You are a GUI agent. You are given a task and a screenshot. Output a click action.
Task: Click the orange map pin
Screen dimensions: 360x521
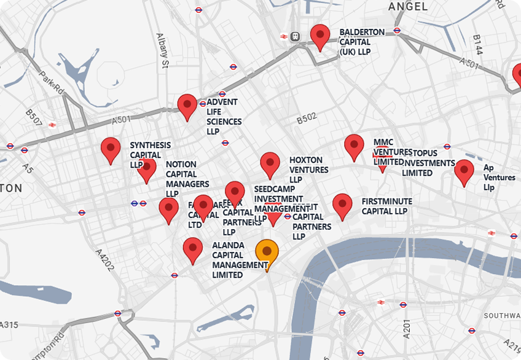pyautogui.click(x=267, y=251)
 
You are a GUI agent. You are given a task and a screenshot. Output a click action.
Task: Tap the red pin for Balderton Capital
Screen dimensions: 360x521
pyautogui.click(x=320, y=36)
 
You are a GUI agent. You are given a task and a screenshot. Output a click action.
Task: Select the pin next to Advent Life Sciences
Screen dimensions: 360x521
pyautogui.click(x=187, y=106)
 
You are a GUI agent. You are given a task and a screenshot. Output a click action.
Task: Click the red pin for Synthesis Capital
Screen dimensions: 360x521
pyautogui.click(x=111, y=149)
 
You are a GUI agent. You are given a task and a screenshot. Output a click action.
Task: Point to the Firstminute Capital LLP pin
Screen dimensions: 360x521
pyautogui.click(x=342, y=205)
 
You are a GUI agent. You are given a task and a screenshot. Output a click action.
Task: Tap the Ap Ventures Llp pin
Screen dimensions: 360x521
pyautogui.click(x=464, y=171)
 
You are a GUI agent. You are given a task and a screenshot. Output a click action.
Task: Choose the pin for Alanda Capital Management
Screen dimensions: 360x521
pyautogui.click(x=193, y=249)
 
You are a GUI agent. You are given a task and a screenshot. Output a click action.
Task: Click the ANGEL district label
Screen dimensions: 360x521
pyautogui.click(x=408, y=7)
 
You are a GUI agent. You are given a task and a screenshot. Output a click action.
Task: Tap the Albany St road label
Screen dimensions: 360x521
pyautogui.click(x=161, y=53)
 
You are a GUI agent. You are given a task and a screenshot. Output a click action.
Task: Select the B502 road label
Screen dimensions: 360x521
pyautogui.click(x=307, y=117)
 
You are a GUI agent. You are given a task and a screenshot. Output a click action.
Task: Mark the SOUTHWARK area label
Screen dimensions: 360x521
pyautogui.click(x=502, y=316)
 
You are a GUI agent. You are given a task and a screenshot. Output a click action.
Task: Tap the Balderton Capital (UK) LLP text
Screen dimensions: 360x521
pyautogui.click(x=362, y=42)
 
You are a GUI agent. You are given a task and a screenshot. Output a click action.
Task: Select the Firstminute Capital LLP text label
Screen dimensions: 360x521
pyautogui.click(x=386, y=206)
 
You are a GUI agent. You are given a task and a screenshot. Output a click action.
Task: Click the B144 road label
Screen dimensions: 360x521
pyautogui.click(x=477, y=45)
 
